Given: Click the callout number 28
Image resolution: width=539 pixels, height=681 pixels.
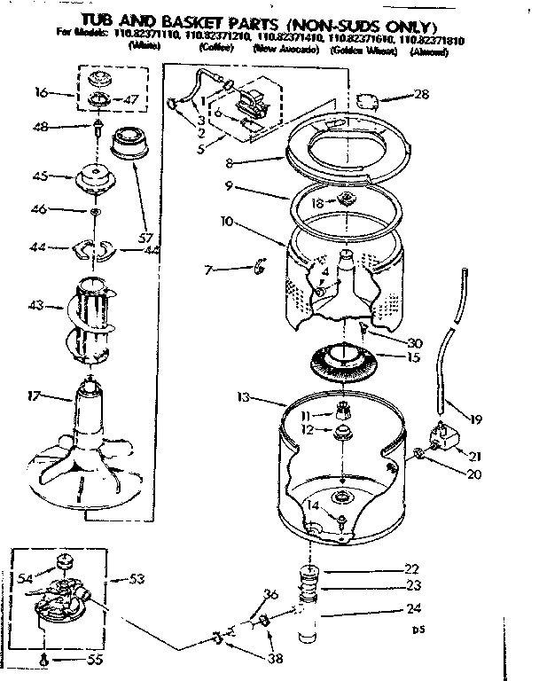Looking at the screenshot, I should (x=421, y=95).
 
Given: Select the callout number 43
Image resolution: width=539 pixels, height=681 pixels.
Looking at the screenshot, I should (x=36, y=307).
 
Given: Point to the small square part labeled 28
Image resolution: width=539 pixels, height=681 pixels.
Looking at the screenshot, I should (x=365, y=99).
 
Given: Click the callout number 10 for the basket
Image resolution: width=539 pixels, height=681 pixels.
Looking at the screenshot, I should (x=229, y=221).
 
